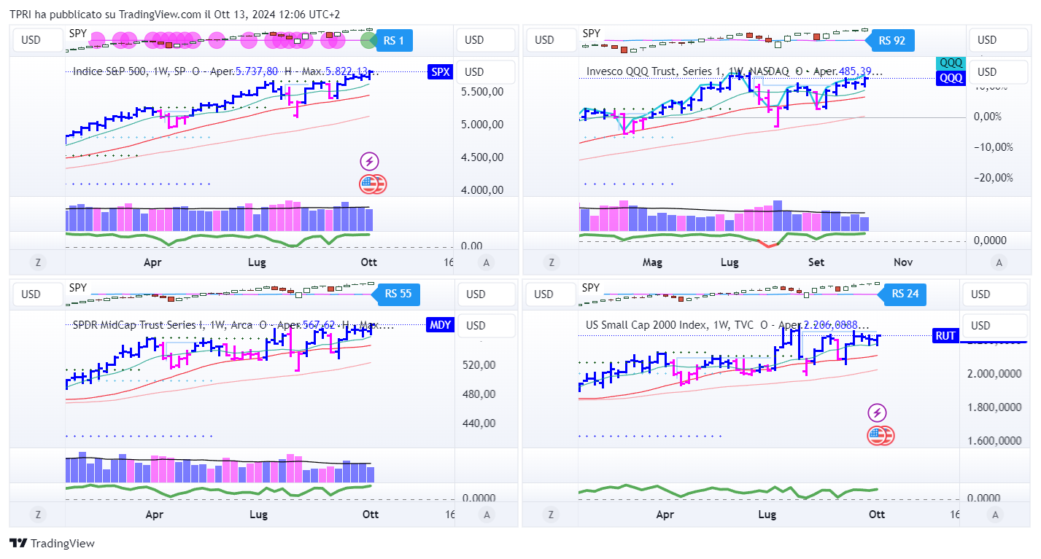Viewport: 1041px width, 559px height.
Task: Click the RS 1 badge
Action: [x=395, y=41]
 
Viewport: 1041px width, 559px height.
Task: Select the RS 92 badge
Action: [x=892, y=41]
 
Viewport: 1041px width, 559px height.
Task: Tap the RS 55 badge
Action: [x=398, y=294]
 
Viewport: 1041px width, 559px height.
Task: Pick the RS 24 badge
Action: [x=905, y=294]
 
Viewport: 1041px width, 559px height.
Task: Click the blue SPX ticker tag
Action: [x=440, y=71]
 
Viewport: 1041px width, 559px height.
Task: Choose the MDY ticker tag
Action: [x=440, y=325]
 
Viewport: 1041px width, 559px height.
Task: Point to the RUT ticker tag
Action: [x=945, y=336]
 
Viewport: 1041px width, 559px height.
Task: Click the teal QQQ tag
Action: [x=951, y=63]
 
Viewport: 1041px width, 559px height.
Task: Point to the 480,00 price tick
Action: [x=479, y=394]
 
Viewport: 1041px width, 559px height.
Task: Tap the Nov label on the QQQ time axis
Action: [x=903, y=262]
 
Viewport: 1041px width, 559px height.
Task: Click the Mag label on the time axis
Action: [x=651, y=262]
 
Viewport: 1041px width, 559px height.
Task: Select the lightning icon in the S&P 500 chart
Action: [x=370, y=162]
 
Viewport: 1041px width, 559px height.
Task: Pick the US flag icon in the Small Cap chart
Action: [x=881, y=436]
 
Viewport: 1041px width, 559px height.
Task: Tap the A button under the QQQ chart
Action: [x=999, y=262]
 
